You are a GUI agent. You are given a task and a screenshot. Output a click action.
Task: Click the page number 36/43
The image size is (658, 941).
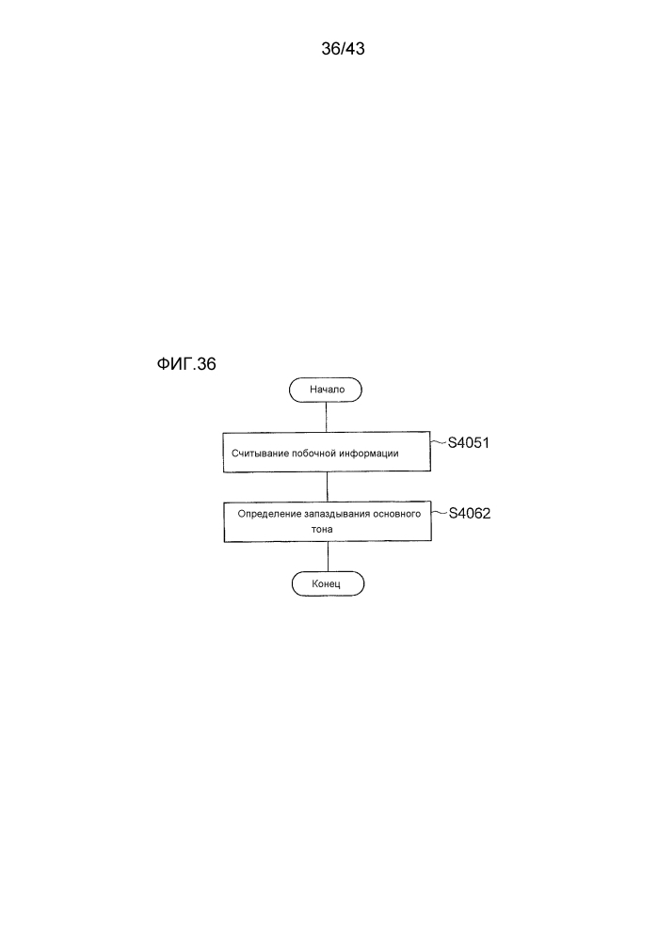(343, 49)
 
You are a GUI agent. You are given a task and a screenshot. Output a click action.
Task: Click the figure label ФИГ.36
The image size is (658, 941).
(186, 364)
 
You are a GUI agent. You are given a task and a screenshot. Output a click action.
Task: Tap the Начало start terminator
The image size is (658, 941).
(326, 390)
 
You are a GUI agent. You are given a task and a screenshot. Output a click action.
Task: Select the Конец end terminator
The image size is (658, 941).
(328, 584)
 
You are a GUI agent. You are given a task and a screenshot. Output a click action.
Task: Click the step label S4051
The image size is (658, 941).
(469, 443)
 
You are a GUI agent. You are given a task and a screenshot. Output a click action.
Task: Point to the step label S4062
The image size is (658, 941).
(470, 514)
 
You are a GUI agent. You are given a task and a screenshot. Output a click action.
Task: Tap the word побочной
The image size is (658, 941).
(313, 454)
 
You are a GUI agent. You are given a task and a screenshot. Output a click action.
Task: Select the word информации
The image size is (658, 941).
(369, 454)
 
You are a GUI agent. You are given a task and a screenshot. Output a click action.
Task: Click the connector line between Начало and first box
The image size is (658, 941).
(326, 417)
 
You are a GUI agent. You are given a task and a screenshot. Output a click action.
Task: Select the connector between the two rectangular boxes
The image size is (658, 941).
(328, 486)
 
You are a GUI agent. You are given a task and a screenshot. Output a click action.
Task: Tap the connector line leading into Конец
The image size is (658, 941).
(328, 556)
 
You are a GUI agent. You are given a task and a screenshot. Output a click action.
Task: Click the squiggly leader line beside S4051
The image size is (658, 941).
(440, 443)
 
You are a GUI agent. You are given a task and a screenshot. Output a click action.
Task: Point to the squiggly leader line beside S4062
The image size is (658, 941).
(440, 514)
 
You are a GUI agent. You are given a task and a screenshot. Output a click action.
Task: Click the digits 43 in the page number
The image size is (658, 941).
(355, 49)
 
